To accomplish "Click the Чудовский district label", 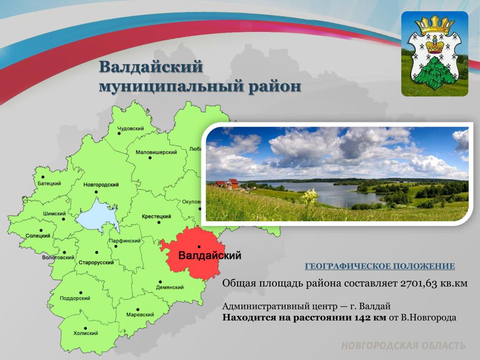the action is click(131, 128).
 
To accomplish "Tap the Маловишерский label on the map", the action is click(156, 152).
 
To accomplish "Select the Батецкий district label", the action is click(49, 183).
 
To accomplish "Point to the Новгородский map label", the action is click(101, 185).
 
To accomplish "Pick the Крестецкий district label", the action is click(156, 217).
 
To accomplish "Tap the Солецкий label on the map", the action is click(38, 236).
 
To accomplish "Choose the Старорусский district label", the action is click(96, 262).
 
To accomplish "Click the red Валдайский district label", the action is click(210, 255).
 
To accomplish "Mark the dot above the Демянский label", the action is click(160, 282).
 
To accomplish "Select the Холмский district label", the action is click(86, 333).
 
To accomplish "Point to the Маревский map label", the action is click(140, 315).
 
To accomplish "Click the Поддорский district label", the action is click(75, 298).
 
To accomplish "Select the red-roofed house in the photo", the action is click(232, 184).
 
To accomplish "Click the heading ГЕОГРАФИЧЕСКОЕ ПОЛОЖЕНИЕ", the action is click(380, 266).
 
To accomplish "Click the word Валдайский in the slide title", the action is click(151, 67).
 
